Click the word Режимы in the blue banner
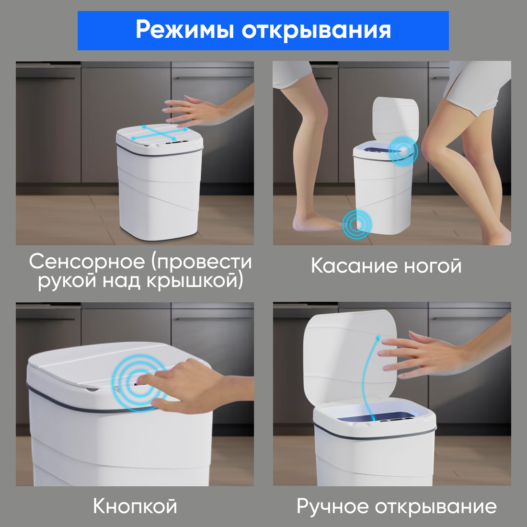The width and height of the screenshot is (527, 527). tap(185, 30)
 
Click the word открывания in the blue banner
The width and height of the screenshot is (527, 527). tap(316, 30)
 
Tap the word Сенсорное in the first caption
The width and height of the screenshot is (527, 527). tap(86, 262)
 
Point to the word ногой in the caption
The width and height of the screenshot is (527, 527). tap(432, 266)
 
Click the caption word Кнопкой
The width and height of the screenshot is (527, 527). tap(135, 506)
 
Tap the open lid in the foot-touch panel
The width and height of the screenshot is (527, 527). tap(395, 120)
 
